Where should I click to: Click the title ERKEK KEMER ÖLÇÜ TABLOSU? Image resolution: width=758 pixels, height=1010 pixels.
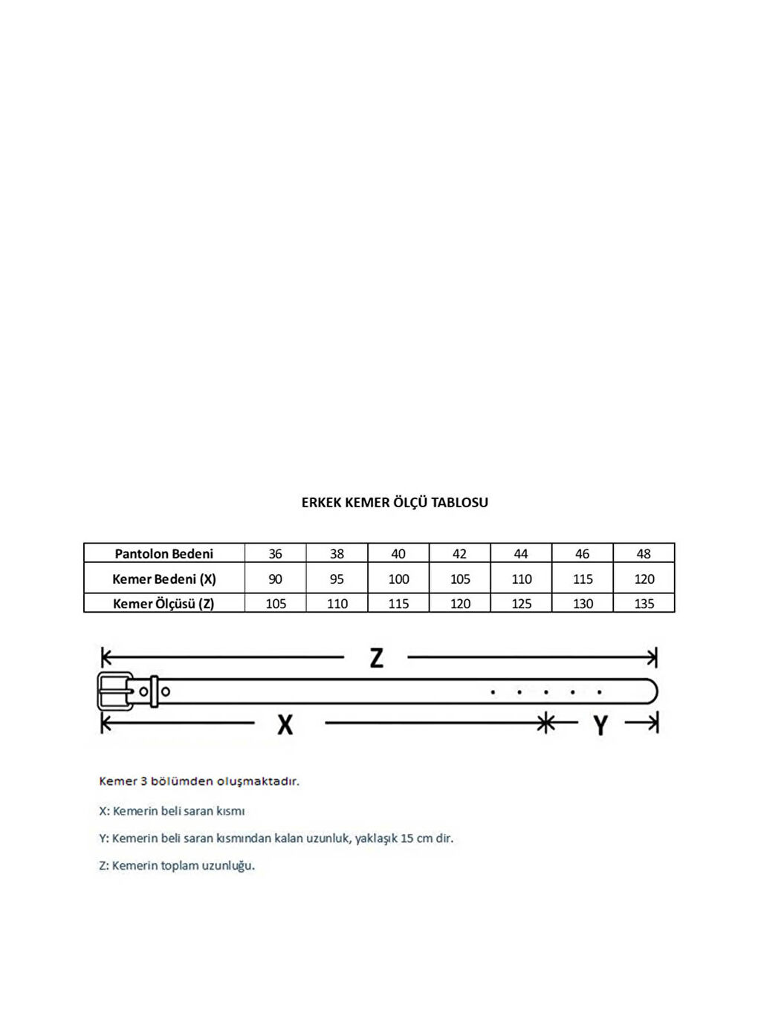click(395, 503)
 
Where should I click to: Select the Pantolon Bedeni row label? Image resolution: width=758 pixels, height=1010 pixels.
click(163, 554)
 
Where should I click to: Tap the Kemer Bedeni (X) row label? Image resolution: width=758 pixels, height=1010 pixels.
click(163, 579)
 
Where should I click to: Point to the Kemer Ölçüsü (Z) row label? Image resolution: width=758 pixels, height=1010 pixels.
click(163, 604)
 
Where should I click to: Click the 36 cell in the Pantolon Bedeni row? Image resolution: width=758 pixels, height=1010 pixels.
click(275, 554)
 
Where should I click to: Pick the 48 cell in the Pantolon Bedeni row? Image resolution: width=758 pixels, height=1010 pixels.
click(644, 554)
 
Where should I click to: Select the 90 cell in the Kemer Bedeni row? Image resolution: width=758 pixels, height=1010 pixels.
click(275, 579)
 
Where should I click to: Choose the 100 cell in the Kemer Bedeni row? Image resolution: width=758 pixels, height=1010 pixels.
click(398, 579)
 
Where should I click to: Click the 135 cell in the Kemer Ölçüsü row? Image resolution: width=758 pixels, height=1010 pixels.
click(644, 604)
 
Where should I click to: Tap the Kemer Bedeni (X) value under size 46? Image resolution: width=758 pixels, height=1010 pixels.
click(583, 579)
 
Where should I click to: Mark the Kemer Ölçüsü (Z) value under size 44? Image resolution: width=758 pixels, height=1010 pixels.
click(521, 604)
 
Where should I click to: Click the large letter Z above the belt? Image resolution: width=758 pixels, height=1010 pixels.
click(377, 658)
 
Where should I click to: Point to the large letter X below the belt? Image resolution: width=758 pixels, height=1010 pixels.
click(285, 724)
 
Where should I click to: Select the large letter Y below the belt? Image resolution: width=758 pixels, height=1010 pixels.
click(600, 725)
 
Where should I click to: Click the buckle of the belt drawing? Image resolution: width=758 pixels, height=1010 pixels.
click(115, 691)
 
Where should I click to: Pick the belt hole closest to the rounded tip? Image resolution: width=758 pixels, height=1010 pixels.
click(599, 692)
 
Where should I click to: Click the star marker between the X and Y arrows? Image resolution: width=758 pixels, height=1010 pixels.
click(546, 722)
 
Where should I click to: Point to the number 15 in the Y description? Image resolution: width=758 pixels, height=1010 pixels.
click(406, 838)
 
